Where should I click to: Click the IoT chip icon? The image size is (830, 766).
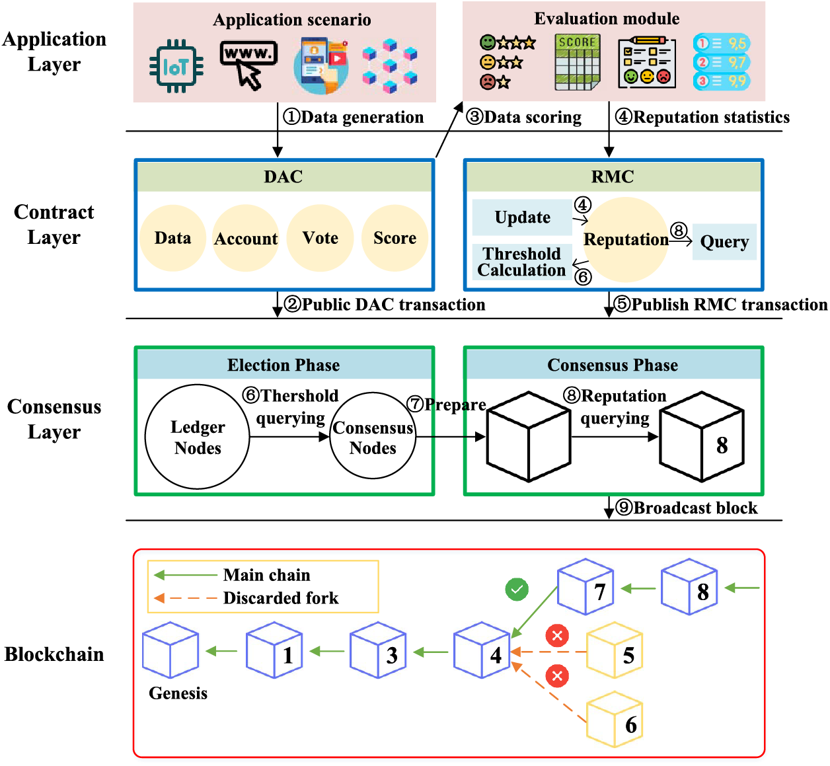coord(176,66)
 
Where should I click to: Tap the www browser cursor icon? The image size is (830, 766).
coord(248,63)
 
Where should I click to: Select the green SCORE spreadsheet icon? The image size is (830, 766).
coord(578,62)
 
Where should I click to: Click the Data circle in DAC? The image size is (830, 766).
coord(172,238)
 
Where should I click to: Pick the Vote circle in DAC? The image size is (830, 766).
coord(320,238)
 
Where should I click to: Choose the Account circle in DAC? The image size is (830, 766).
coord(246,238)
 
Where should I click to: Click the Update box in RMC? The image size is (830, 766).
coord(522,217)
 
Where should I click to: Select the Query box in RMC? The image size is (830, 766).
coord(724,242)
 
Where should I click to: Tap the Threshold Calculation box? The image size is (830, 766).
coord(522,262)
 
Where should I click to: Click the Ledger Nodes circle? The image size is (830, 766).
coord(198,437)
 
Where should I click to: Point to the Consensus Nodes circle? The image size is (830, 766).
coord(373,437)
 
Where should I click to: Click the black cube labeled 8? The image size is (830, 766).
coord(702,437)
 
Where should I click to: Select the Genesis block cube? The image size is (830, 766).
coord(170,650)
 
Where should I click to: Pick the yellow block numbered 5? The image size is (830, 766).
coord(615,650)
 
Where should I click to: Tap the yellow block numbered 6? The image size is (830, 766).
coord(615,720)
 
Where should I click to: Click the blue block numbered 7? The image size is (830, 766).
coord(585,587)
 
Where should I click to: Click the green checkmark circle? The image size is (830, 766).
coord(517,589)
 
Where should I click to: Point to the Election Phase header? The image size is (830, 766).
coord(283,365)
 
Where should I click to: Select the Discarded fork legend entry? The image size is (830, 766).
coord(264,598)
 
